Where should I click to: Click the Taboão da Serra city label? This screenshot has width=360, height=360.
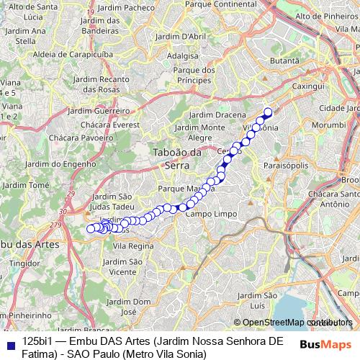176,158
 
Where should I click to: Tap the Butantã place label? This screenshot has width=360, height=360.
284,62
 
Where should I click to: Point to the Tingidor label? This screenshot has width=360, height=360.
24,263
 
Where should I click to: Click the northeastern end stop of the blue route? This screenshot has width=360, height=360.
268,112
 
